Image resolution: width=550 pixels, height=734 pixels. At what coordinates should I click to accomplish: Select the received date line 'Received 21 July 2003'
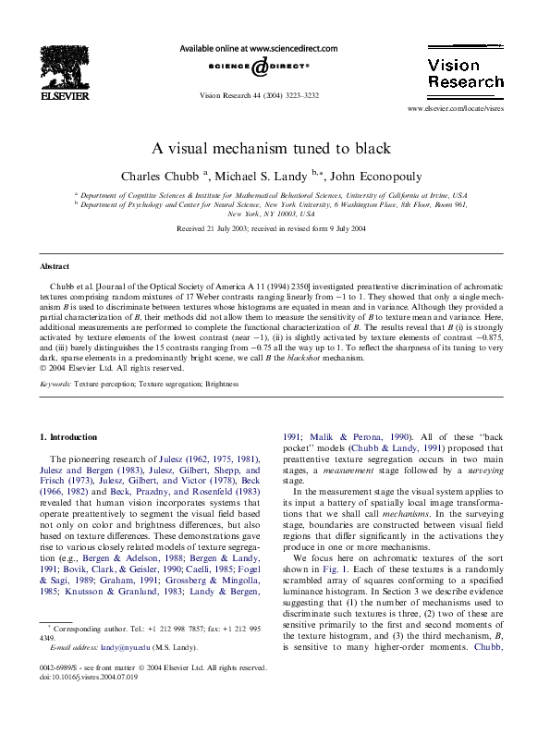click(218, 228)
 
